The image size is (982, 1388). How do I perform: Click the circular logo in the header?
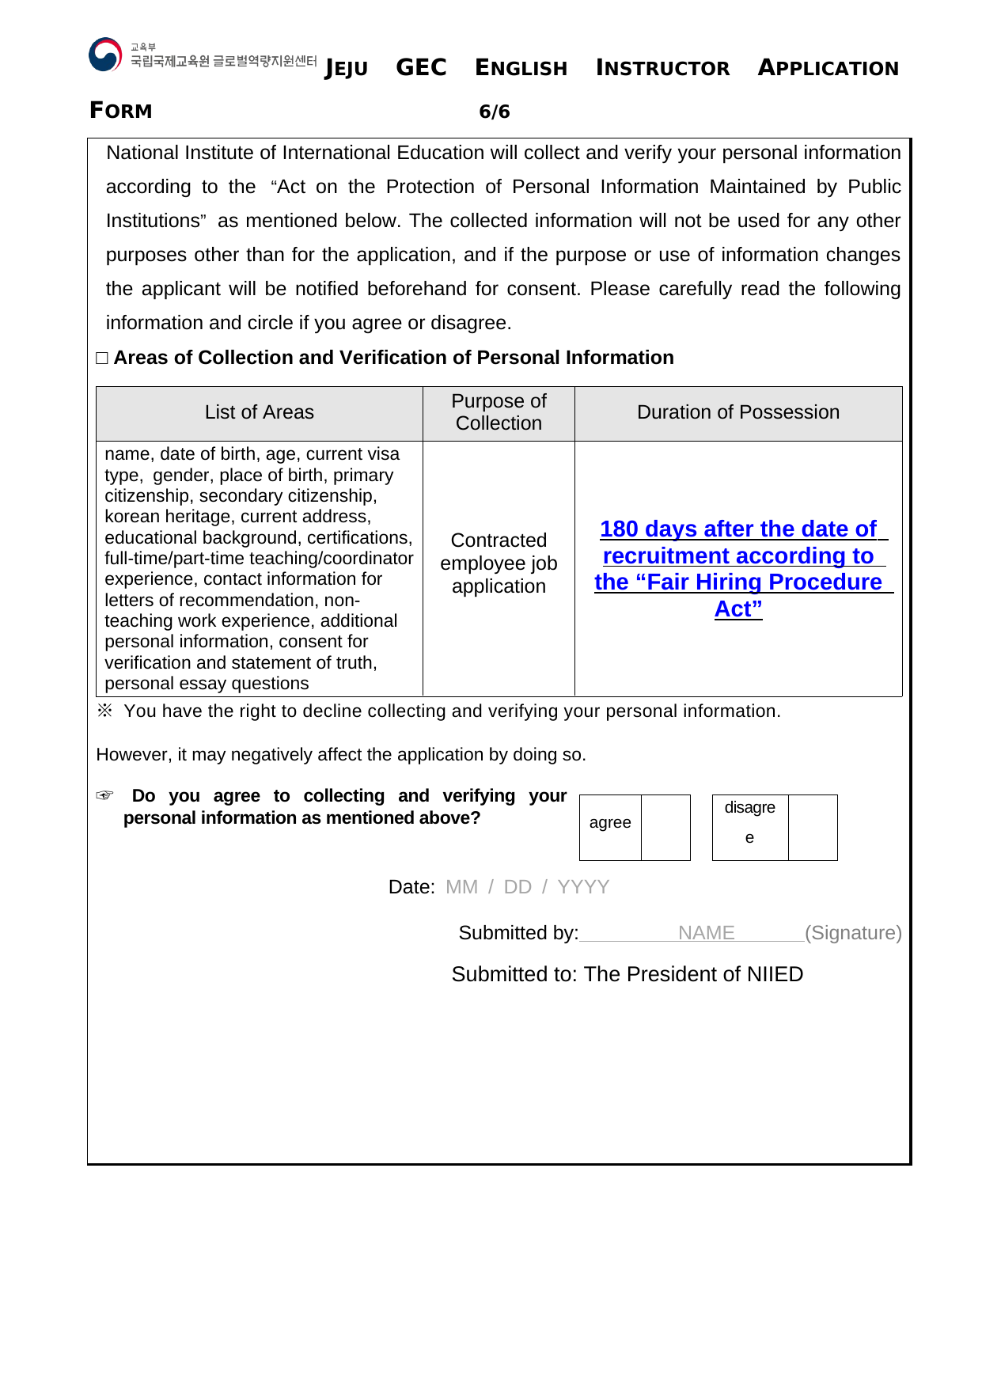coord(105,55)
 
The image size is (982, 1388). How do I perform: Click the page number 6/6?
coord(495,112)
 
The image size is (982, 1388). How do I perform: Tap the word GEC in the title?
coord(421,67)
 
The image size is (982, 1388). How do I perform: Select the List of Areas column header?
coord(259,412)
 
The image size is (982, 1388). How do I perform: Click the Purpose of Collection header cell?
coord(499,412)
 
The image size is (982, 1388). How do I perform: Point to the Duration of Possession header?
coord(737,412)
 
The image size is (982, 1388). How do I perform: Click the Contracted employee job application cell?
coord(499,563)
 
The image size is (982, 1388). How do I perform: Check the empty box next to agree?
coord(665,827)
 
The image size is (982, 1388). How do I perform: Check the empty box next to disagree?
coord(813,827)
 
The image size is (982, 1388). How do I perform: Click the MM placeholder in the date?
coord(461,887)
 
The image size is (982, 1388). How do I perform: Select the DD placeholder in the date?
coord(518,887)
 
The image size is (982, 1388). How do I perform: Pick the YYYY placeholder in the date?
coord(583,887)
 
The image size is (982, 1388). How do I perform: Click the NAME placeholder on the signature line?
coord(706,933)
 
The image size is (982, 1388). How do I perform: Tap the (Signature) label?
coord(853,933)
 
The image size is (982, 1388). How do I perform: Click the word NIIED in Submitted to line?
coord(774,974)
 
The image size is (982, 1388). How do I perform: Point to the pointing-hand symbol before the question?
coord(104,795)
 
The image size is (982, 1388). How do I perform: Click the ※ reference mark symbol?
coord(104,711)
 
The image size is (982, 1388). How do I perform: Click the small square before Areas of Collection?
coord(102,358)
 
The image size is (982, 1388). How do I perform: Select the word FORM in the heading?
coord(120,111)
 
